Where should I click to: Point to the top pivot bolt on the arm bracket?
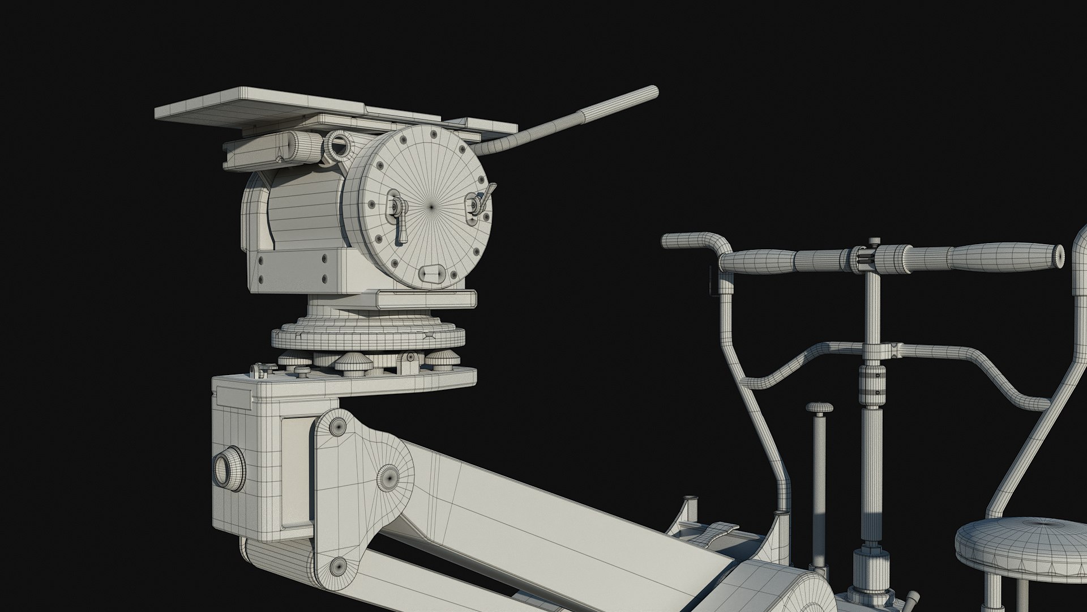coord(338,426)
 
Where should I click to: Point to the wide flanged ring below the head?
coord(368,337)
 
